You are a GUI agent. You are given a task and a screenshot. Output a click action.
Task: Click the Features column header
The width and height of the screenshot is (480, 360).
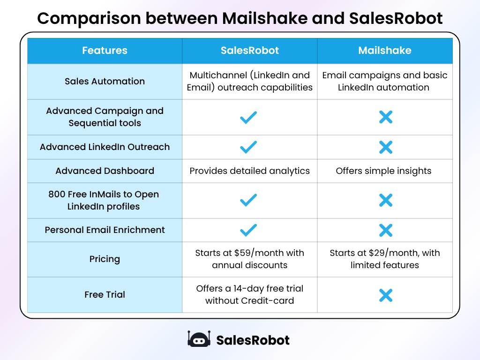pyautogui.click(x=105, y=51)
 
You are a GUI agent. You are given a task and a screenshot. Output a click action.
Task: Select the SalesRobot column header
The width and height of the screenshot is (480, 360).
pyautogui.click(x=249, y=51)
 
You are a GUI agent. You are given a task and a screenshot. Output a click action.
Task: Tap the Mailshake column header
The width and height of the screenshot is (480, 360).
pyautogui.click(x=384, y=51)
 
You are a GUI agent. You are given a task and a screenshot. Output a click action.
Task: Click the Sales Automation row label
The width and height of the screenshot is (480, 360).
pyautogui.click(x=105, y=81)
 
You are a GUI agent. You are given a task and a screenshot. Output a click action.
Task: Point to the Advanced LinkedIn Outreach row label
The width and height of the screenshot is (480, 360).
pyautogui.click(x=105, y=147)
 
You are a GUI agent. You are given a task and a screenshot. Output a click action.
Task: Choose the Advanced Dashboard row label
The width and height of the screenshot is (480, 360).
pyautogui.click(x=105, y=171)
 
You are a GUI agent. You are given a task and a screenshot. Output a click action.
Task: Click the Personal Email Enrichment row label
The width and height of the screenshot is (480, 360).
pyautogui.click(x=105, y=230)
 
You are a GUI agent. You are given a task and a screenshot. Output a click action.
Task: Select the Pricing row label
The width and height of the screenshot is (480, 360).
pyautogui.click(x=105, y=259)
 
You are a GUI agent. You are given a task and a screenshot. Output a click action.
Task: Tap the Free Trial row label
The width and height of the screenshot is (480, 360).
pyautogui.click(x=105, y=294)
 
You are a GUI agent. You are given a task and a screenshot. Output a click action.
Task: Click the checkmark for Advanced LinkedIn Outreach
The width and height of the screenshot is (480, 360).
pyautogui.click(x=248, y=147)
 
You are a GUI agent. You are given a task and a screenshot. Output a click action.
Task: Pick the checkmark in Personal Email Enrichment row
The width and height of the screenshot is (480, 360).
pyautogui.click(x=248, y=230)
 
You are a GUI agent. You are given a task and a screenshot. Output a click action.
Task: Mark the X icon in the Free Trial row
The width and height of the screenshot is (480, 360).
pyautogui.click(x=385, y=295)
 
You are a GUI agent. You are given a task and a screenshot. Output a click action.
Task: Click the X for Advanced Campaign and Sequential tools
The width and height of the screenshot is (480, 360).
pyautogui.click(x=385, y=117)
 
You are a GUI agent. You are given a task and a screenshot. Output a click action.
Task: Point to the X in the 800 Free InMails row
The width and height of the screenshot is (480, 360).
pyautogui.click(x=385, y=201)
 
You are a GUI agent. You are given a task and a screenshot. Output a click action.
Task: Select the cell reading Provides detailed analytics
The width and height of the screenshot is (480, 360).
pyautogui.click(x=249, y=171)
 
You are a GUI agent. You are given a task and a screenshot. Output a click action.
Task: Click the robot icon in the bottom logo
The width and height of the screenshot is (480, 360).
pyautogui.click(x=199, y=339)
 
